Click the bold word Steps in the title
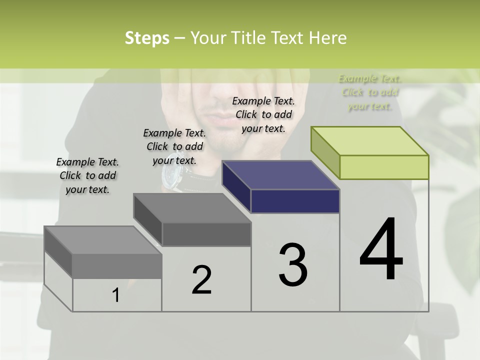(147, 38)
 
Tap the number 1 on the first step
(116, 295)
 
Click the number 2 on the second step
(201, 280)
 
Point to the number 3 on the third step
(293, 265)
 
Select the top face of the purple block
(280, 175)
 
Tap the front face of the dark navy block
(295, 201)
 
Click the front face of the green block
(384, 167)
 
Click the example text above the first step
(87, 175)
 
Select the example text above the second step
(174, 146)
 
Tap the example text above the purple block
(263, 114)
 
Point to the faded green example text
(370, 92)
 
